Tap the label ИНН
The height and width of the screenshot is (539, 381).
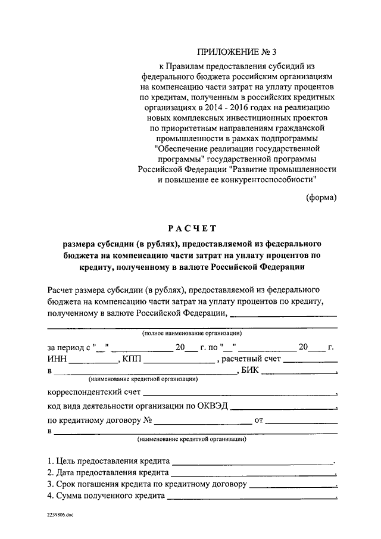tap(56, 360)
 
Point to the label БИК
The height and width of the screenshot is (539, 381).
tap(250, 371)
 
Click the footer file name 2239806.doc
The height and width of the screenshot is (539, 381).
tap(57, 515)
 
